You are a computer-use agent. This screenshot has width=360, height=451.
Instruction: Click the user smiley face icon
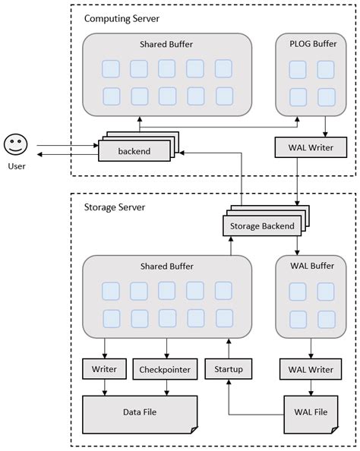15,144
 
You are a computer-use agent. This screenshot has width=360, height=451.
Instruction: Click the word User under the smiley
15,165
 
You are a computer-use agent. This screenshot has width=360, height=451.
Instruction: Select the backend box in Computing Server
134,151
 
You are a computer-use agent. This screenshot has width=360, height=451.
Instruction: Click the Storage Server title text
115,207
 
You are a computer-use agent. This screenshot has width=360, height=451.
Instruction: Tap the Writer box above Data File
103,370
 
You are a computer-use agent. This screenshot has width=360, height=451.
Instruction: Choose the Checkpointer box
165,370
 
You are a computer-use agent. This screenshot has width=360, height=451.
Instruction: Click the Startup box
228,370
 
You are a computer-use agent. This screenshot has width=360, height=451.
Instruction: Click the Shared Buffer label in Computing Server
166,45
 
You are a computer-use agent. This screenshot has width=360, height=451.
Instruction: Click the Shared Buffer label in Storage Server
166,266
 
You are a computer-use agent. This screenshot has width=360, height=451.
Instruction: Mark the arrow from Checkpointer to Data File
165,387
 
